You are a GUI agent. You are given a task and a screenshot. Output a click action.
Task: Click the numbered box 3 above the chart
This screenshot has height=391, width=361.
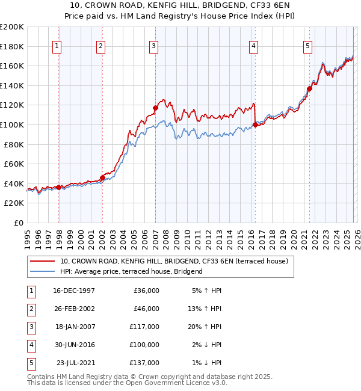153,46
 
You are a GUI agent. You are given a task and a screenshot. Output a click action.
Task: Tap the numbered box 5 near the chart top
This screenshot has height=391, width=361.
307,46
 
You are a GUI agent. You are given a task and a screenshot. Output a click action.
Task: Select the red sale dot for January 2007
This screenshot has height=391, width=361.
155,108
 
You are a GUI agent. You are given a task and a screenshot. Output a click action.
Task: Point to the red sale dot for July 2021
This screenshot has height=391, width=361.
309,88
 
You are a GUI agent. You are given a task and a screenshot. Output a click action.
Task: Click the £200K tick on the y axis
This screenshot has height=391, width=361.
12,27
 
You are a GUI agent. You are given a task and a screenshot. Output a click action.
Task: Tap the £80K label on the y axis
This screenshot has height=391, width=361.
14,144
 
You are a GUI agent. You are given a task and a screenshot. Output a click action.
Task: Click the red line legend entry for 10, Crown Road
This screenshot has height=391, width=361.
174,261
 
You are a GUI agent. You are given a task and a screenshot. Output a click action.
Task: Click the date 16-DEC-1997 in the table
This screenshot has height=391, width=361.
73,291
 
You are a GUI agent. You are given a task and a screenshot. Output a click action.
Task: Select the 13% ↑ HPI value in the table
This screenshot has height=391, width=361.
205,309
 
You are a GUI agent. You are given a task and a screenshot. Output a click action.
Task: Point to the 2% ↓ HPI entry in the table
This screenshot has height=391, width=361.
206,345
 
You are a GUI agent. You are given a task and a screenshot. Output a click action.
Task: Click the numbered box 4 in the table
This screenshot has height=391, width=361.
30,345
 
